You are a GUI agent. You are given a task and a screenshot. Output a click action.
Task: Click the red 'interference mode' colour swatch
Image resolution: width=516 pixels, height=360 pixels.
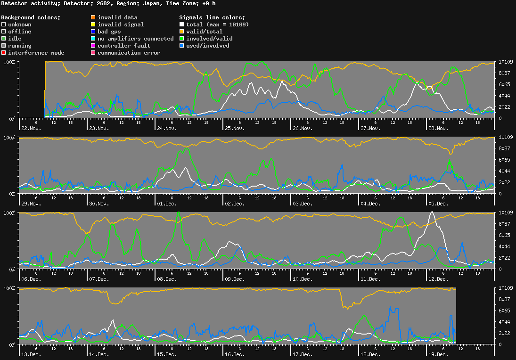coord(4,53)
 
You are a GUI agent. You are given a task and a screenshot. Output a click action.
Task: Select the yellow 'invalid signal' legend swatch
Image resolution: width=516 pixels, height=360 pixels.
coord(93,25)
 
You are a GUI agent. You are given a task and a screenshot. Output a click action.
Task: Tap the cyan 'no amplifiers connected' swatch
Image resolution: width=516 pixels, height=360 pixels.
coord(93,39)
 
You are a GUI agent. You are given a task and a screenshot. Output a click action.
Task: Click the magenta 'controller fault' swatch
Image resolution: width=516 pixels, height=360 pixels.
coord(93,46)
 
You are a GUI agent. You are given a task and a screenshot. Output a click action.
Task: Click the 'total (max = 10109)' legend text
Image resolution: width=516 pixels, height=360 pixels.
coord(217,25)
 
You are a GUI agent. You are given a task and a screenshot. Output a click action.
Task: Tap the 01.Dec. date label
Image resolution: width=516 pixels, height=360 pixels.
coord(167,204)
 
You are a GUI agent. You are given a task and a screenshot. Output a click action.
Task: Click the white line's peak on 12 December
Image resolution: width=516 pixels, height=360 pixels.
coord(432,213)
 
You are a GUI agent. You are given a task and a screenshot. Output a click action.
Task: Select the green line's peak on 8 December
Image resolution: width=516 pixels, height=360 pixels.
coord(178,212)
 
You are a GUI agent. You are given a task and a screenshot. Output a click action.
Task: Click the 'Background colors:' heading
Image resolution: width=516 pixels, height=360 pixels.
coord(31,17)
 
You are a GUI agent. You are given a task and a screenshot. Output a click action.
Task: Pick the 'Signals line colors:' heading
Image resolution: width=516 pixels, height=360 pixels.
coord(212,17)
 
